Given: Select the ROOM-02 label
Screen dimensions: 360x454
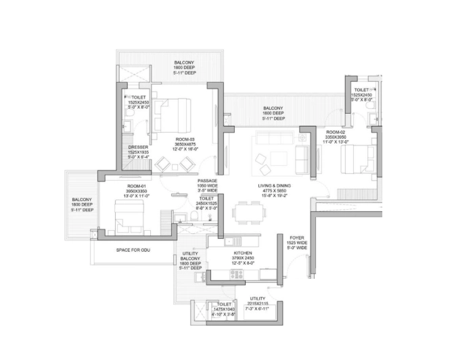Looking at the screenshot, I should coord(336,131).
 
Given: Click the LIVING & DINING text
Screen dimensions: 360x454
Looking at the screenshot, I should coord(273,185).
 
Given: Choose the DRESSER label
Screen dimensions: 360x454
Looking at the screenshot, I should coord(138,147).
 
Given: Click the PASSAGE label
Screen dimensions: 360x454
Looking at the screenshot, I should coord(206,181).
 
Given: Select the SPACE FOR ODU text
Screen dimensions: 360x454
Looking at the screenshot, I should coord(132,250).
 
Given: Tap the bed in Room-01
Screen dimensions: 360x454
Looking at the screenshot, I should coord(129,212).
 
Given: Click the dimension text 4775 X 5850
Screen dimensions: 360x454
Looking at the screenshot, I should coord(273,191).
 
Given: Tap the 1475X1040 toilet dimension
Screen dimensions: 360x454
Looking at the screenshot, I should coord(223,309).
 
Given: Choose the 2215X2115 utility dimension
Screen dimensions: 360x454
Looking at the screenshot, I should coord(257,304).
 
